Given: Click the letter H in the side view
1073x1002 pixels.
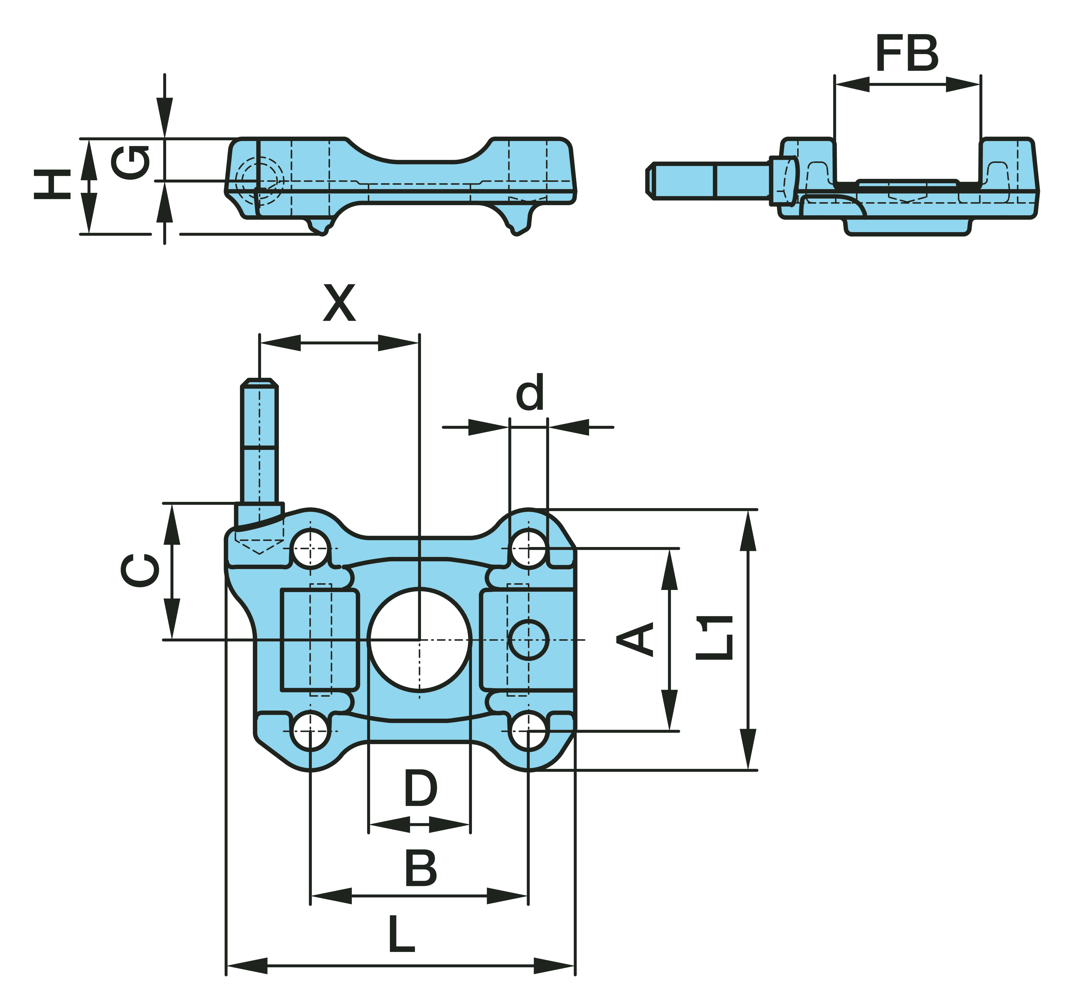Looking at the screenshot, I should click(x=52, y=184).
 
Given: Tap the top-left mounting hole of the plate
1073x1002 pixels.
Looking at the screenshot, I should click(x=310, y=548).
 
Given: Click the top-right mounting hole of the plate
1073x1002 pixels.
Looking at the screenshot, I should click(x=529, y=548).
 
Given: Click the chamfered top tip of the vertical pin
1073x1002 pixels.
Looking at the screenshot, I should click(x=260, y=383).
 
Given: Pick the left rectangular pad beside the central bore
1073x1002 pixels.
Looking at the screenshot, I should click(x=320, y=640).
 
